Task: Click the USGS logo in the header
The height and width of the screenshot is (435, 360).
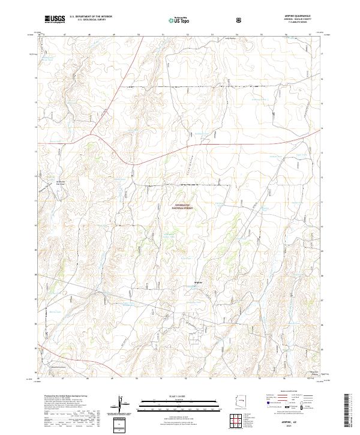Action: click(55, 20)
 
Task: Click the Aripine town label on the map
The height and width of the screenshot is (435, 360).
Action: click(200, 283)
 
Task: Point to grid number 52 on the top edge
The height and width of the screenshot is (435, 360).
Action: click(187, 35)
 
